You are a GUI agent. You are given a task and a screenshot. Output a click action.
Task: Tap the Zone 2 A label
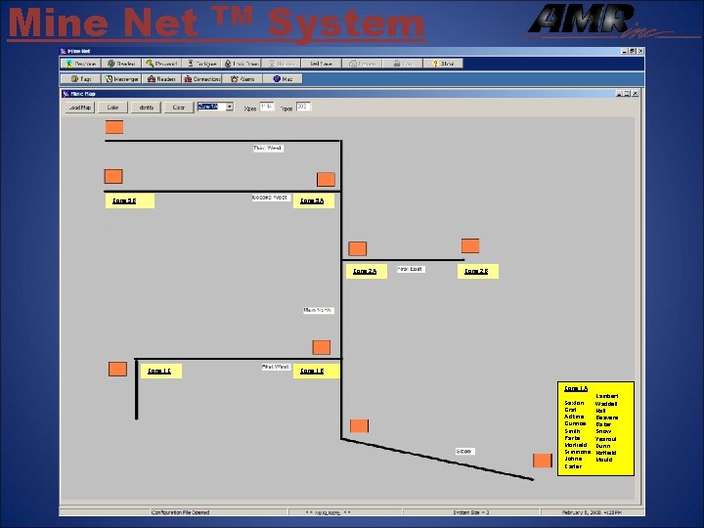tap(364, 271)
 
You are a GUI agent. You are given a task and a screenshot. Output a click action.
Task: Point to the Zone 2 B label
tap(476, 271)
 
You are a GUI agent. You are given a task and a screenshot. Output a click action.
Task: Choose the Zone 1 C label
tap(158, 371)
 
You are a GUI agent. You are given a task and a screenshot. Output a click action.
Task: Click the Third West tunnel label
tap(267, 149)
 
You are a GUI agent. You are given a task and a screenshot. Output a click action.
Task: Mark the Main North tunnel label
tap(318, 310)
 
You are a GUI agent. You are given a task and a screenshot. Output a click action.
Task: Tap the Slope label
tap(463, 451)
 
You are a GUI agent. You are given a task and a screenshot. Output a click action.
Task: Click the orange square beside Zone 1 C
tap(117, 369)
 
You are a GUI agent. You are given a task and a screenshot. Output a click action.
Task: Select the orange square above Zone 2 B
tap(470, 245)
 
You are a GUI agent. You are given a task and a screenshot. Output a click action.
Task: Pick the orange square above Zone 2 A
tap(358, 248)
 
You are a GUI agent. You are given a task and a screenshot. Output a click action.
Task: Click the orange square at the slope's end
tap(542, 461)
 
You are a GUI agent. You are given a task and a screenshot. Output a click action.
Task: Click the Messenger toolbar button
tap(123, 78)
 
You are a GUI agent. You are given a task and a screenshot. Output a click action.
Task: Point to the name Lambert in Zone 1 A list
tap(606, 395)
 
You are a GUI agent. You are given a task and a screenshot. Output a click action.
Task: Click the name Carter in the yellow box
tap(573, 466)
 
